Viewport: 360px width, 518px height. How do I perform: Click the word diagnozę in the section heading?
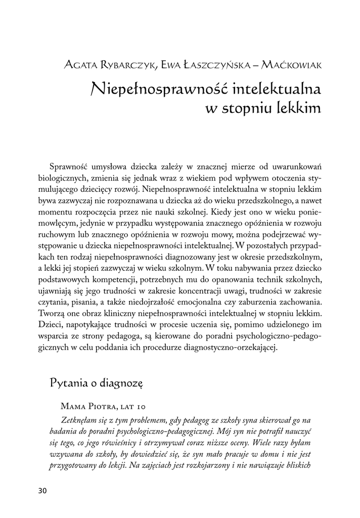point(122,382)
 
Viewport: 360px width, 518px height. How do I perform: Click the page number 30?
point(42,491)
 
